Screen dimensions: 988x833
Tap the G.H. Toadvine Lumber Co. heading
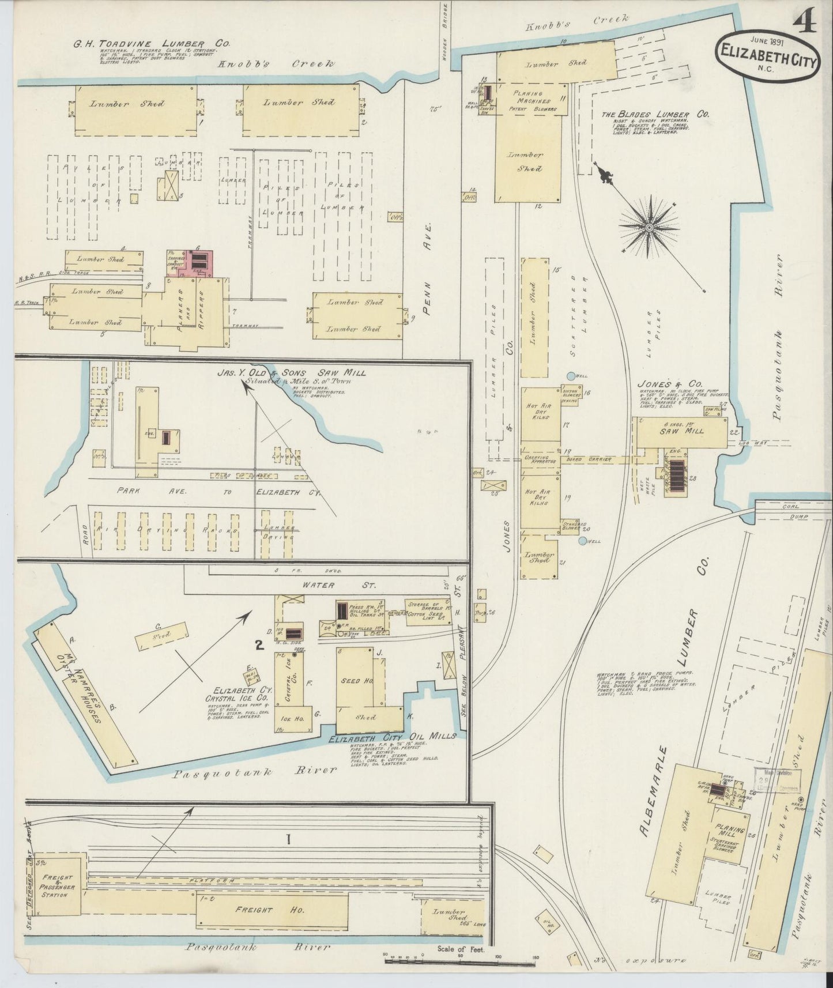150,43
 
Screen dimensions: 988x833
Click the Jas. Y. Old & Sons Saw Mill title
291,372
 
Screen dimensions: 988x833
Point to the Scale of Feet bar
461,957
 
